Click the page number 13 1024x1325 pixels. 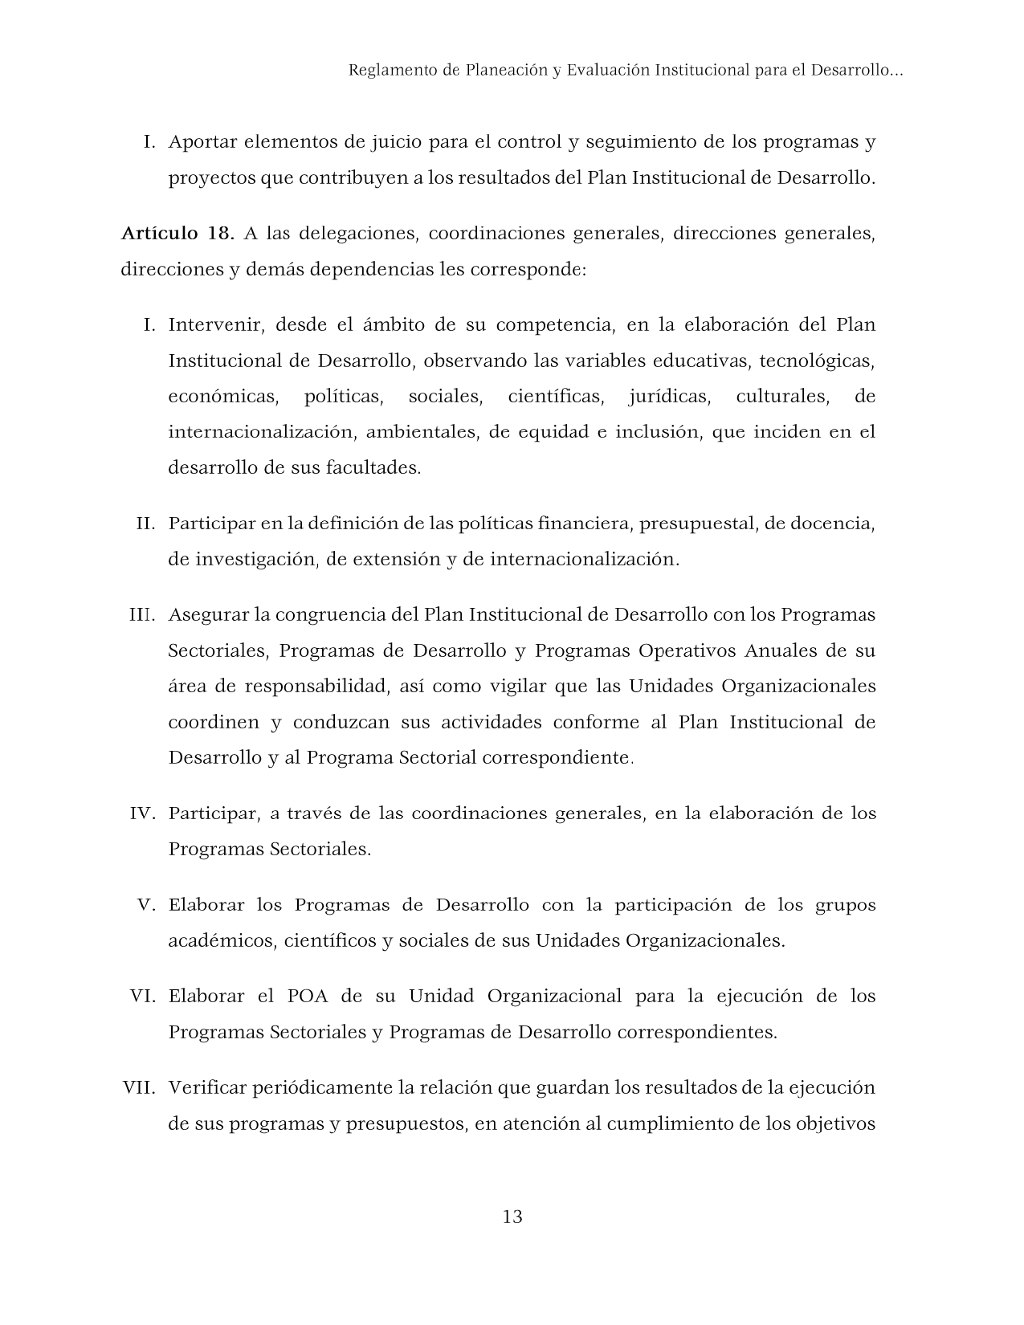coord(512,1217)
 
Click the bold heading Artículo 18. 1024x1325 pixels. coord(177,234)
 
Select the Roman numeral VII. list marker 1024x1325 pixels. coord(138,1088)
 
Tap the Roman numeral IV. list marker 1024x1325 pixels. coord(142,813)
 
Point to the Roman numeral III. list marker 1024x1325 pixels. coord(142,615)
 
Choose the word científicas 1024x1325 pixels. coord(555,397)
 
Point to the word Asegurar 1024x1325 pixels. coord(207,615)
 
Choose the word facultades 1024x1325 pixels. coord(373,467)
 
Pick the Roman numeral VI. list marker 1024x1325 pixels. coord(142,997)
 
